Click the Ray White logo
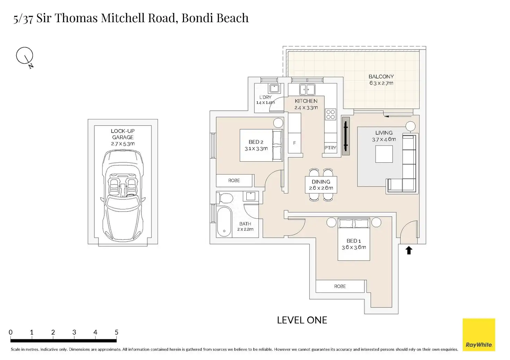(479, 334)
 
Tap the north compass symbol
(25, 57)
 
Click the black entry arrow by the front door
(409, 250)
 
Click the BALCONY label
(381, 76)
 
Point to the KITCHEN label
(306, 101)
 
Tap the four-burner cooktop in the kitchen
(331, 115)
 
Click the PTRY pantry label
(330, 148)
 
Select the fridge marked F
(294, 143)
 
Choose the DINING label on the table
(321, 182)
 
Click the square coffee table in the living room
(384, 154)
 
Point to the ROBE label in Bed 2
(234, 180)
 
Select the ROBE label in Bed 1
(340, 286)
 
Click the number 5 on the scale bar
(116, 332)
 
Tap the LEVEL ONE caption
(302, 320)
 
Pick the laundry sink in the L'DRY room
(274, 88)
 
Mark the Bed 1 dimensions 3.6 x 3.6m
(354, 247)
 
